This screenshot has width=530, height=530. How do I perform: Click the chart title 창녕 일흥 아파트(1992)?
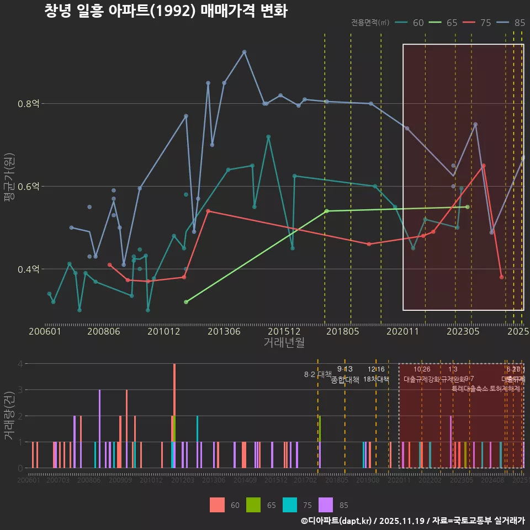(x=166, y=12)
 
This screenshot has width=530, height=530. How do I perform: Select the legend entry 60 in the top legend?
(x=418, y=23)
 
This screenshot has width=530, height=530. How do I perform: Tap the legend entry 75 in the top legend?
(x=485, y=23)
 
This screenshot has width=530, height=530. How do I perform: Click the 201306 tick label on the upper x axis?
(x=223, y=332)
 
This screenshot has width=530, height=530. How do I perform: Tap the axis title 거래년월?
(x=284, y=343)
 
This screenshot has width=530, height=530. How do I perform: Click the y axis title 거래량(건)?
(x=9, y=416)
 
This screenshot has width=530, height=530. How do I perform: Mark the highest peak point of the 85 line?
(x=245, y=52)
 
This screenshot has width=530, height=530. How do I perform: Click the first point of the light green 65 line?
(x=186, y=302)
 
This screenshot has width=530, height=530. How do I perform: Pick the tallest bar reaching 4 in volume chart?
(x=174, y=415)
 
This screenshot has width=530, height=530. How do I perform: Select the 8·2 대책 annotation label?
(x=317, y=374)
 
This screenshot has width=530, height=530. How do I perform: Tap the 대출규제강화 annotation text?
(x=422, y=379)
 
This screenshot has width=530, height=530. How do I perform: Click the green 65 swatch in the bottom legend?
(x=253, y=505)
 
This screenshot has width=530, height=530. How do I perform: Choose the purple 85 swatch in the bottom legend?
(x=327, y=505)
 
